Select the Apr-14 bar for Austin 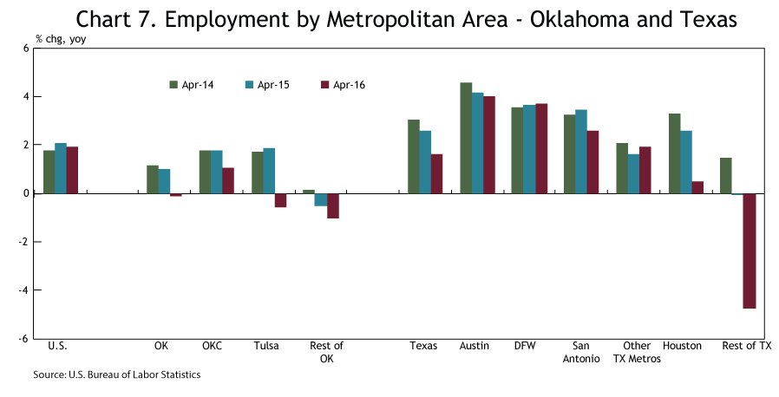(466, 138)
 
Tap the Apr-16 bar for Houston (697, 187)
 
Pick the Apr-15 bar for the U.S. (61, 168)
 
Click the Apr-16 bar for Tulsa (280, 200)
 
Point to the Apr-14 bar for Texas (414, 156)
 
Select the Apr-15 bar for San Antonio (581, 152)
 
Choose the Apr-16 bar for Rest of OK (332, 205)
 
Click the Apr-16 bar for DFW (541, 148)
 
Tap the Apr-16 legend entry (342, 84)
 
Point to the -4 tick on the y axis (23, 290)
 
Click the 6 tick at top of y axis (26, 49)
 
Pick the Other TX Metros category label (637, 352)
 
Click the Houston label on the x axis (682, 346)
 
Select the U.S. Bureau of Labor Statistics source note (117, 374)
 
